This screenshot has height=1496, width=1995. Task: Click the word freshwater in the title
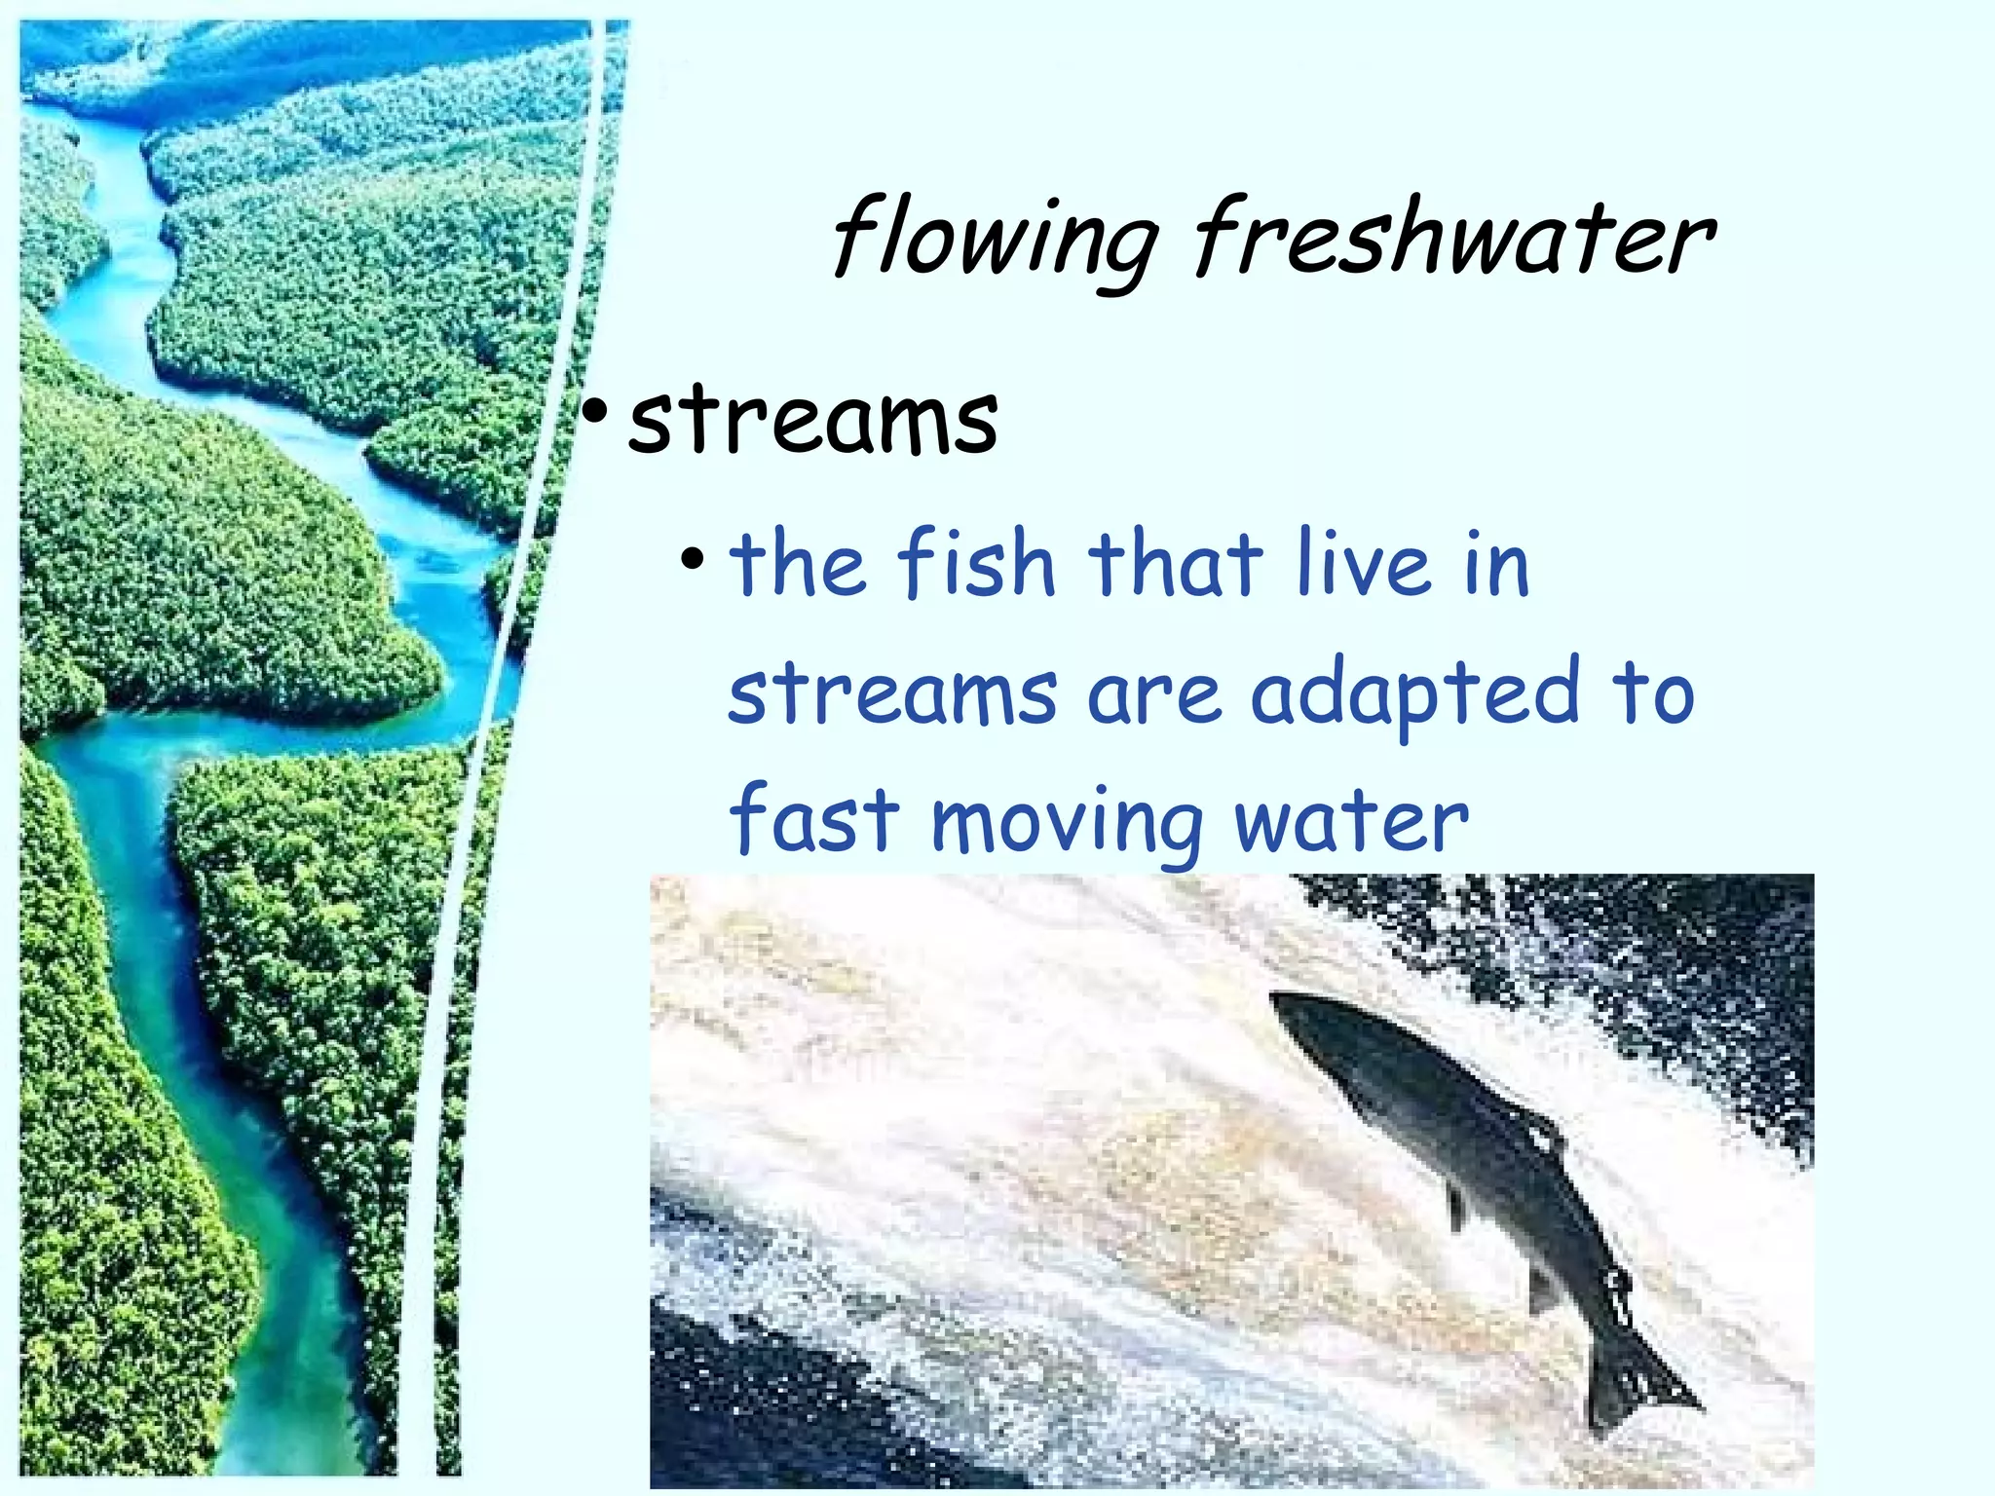[x=1453, y=237]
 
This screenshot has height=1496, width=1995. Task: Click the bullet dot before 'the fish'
[x=693, y=560]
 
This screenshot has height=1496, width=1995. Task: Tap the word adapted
[x=1414, y=695]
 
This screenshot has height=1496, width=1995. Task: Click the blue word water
[x=1351, y=821]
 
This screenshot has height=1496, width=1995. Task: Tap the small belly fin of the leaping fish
[x=1457, y=1208]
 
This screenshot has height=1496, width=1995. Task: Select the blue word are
[x=1153, y=695]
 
